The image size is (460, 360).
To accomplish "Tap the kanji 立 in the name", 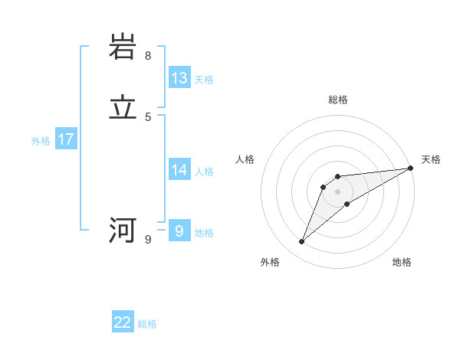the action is (123, 108).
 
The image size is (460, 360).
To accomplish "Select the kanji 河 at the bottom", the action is (123, 230).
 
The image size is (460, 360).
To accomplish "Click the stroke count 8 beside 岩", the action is (148, 56).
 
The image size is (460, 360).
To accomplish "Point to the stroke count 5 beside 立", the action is (148, 117).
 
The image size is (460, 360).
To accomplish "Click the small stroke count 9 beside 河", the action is (148, 240).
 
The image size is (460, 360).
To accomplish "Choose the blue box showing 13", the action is (179, 78).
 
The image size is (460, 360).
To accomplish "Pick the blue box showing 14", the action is (179, 170).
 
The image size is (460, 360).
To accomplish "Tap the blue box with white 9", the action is (179, 231).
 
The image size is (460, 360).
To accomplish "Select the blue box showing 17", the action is (66, 139).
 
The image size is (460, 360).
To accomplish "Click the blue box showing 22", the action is (123, 322).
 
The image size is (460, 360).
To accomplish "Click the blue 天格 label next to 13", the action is (203, 80).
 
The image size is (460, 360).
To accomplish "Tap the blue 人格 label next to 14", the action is (203, 172).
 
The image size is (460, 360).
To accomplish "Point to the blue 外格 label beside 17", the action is (41, 141).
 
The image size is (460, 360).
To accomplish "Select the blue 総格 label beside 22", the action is (147, 324).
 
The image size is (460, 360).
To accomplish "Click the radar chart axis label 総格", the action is (338, 100).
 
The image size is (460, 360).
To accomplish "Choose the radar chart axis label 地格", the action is (402, 263).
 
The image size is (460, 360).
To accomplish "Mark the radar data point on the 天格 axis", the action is (410, 169).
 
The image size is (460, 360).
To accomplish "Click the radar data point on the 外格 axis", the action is (302, 242).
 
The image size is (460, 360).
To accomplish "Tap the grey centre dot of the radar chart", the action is (338, 191).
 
